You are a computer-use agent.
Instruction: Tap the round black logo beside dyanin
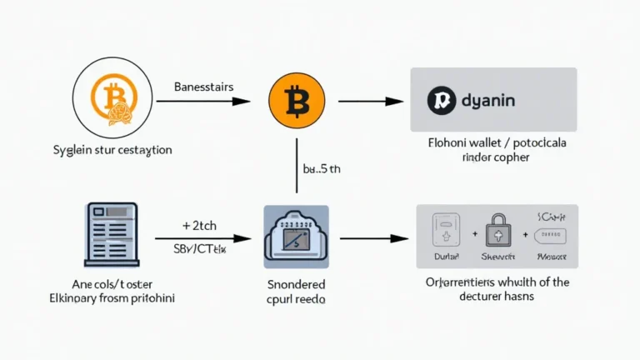[x=440, y=101]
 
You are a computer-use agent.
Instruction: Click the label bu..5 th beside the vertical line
[x=322, y=169]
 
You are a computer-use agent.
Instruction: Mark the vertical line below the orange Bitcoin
[x=297, y=167]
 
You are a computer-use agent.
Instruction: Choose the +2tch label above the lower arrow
[x=201, y=227]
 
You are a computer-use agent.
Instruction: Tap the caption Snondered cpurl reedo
[x=295, y=292]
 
